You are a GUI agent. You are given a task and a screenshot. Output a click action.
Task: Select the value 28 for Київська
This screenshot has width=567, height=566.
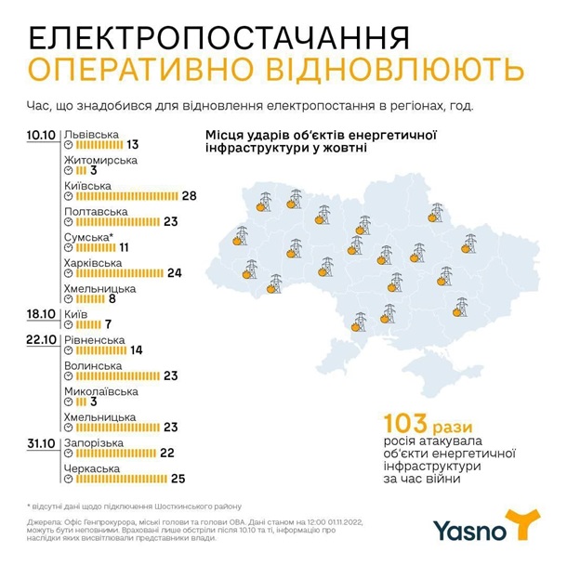pos(191,197)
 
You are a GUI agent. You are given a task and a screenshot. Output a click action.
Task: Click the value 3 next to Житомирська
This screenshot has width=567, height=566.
pos(94,171)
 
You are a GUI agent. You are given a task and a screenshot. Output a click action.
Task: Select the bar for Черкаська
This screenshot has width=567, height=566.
pos(120,480)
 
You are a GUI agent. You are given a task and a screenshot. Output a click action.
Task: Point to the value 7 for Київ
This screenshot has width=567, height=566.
pos(108,325)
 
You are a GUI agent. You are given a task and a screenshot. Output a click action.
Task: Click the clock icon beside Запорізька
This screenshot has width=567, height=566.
pos(69,453)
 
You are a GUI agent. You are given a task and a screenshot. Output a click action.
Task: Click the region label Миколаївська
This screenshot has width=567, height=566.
pos(106,392)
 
